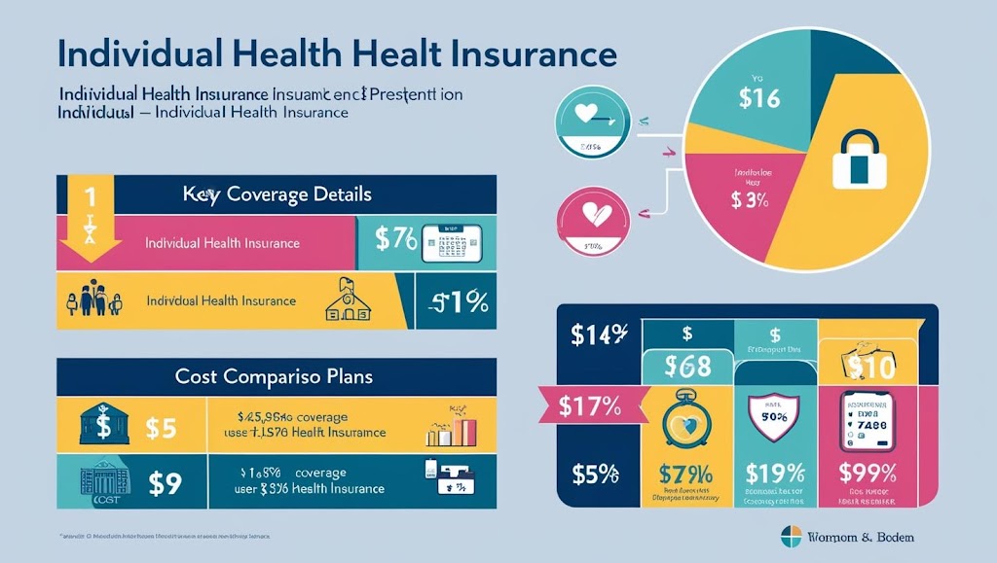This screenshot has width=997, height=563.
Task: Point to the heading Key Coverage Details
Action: tap(277, 194)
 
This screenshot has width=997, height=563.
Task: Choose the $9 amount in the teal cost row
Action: tap(164, 479)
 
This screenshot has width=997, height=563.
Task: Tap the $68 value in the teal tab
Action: tap(687, 367)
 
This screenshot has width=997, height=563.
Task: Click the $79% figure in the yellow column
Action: tap(685, 475)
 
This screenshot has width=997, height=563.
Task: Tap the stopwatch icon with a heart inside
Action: tap(685, 418)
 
